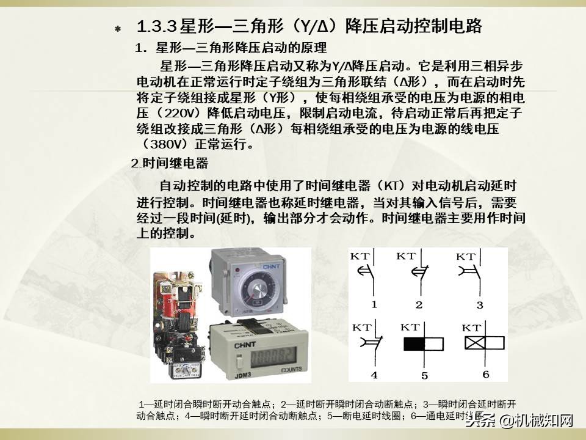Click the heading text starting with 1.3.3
[310, 26]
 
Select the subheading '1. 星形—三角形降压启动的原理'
[231, 48]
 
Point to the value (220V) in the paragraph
[181, 113]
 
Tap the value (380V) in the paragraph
[165, 145]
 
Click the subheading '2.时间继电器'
[170, 164]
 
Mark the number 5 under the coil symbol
[424, 375]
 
